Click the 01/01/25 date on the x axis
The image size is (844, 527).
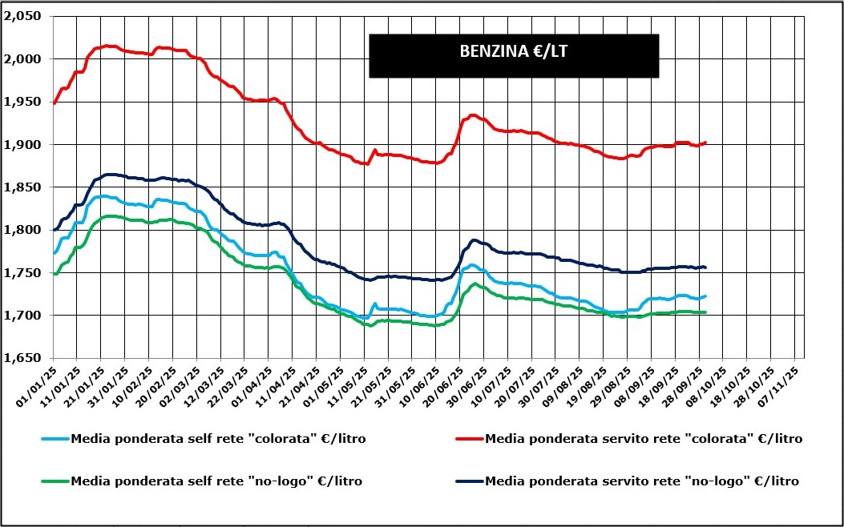[40, 381]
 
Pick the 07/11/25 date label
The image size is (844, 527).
[784, 381]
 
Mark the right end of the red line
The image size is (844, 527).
[705, 143]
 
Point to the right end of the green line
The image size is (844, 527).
[705, 312]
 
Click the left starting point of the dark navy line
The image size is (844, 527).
[54, 230]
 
